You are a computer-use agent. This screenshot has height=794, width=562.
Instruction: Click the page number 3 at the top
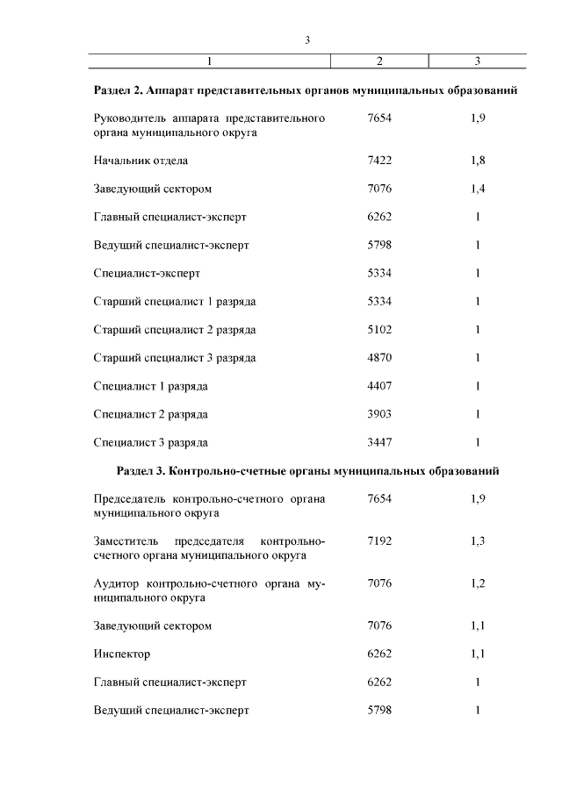(x=307, y=39)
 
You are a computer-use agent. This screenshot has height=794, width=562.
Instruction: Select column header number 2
(x=379, y=61)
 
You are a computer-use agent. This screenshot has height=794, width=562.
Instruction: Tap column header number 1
(x=211, y=61)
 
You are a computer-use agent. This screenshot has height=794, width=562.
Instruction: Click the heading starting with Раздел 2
(x=305, y=90)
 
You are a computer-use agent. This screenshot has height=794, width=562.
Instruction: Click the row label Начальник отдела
(x=140, y=161)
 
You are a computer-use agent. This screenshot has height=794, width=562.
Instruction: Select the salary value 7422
(x=379, y=161)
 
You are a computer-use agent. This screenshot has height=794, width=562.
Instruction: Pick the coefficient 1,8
(x=478, y=161)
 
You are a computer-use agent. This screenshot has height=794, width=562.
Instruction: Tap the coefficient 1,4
(x=478, y=189)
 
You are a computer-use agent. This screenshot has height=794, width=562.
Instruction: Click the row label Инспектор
(x=122, y=654)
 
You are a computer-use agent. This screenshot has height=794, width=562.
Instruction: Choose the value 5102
(x=379, y=330)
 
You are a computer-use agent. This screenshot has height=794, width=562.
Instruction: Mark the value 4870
(x=379, y=358)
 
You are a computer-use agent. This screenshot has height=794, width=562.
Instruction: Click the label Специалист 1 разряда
(x=150, y=386)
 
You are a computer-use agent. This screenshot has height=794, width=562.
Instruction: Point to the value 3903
(x=379, y=414)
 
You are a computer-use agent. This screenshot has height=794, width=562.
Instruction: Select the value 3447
(x=379, y=442)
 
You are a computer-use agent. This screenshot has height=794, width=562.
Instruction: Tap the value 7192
(x=379, y=540)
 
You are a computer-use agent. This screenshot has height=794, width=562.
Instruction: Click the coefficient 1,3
(x=478, y=540)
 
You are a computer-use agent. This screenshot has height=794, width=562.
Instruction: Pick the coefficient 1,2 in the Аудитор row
(x=478, y=583)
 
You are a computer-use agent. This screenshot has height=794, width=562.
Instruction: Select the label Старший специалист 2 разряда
(x=175, y=330)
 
